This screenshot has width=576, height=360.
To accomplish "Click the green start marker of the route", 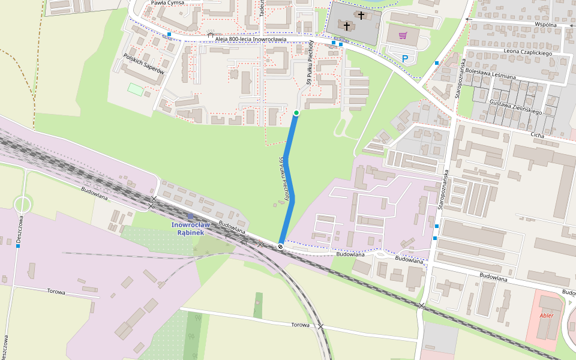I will pyautogui.click(x=296, y=113).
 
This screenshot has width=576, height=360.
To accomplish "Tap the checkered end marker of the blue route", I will pyautogui.click(x=280, y=246).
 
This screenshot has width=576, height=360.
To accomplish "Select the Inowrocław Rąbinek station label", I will pyautogui.click(x=188, y=229).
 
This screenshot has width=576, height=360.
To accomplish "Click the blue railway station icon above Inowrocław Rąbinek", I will pyautogui.click(x=190, y=216).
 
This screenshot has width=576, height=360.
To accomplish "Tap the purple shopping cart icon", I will pyautogui.click(x=403, y=35).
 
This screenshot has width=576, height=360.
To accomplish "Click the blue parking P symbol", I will pyautogui.click(x=405, y=58).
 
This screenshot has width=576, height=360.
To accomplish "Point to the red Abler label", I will pyautogui.click(x=547, y=315).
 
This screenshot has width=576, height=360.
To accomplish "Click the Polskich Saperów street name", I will pyautogui.click(x=143, y=63).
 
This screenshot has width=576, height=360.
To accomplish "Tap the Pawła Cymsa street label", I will pyautogui.click(x=167, y=3).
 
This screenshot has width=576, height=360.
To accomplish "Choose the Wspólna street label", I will pyautogui.click(x=547, y=25).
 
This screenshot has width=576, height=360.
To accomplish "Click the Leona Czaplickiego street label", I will pyautogui.click(x=528, y=52).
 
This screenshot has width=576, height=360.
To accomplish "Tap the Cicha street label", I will pyautogui.click(x=537, y=136).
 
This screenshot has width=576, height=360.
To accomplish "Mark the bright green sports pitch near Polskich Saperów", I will pyautogui.click(x=136, y=89).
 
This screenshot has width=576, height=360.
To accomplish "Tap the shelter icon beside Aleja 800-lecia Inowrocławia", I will pyautogui.click(x=210, y=35).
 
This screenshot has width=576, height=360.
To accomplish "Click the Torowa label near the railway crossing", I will pyautogui.click(x=300, y=325).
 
